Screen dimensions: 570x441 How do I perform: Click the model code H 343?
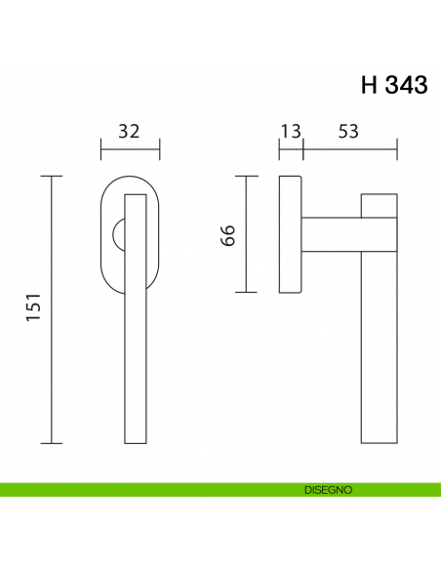[394, 85]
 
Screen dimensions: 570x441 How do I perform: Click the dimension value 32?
[131, 130]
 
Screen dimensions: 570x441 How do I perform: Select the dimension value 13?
[291, 130]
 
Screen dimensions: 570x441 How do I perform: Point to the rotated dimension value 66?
[228, 235]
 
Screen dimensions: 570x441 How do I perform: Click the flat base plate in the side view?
[290, 234]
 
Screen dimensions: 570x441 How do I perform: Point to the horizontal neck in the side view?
[332, 234]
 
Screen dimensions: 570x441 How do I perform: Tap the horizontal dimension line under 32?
[131, 148]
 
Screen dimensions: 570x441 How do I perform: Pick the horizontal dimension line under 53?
[349, 148]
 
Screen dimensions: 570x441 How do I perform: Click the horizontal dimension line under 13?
[291, 148]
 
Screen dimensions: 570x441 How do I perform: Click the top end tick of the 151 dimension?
[52, 176]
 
